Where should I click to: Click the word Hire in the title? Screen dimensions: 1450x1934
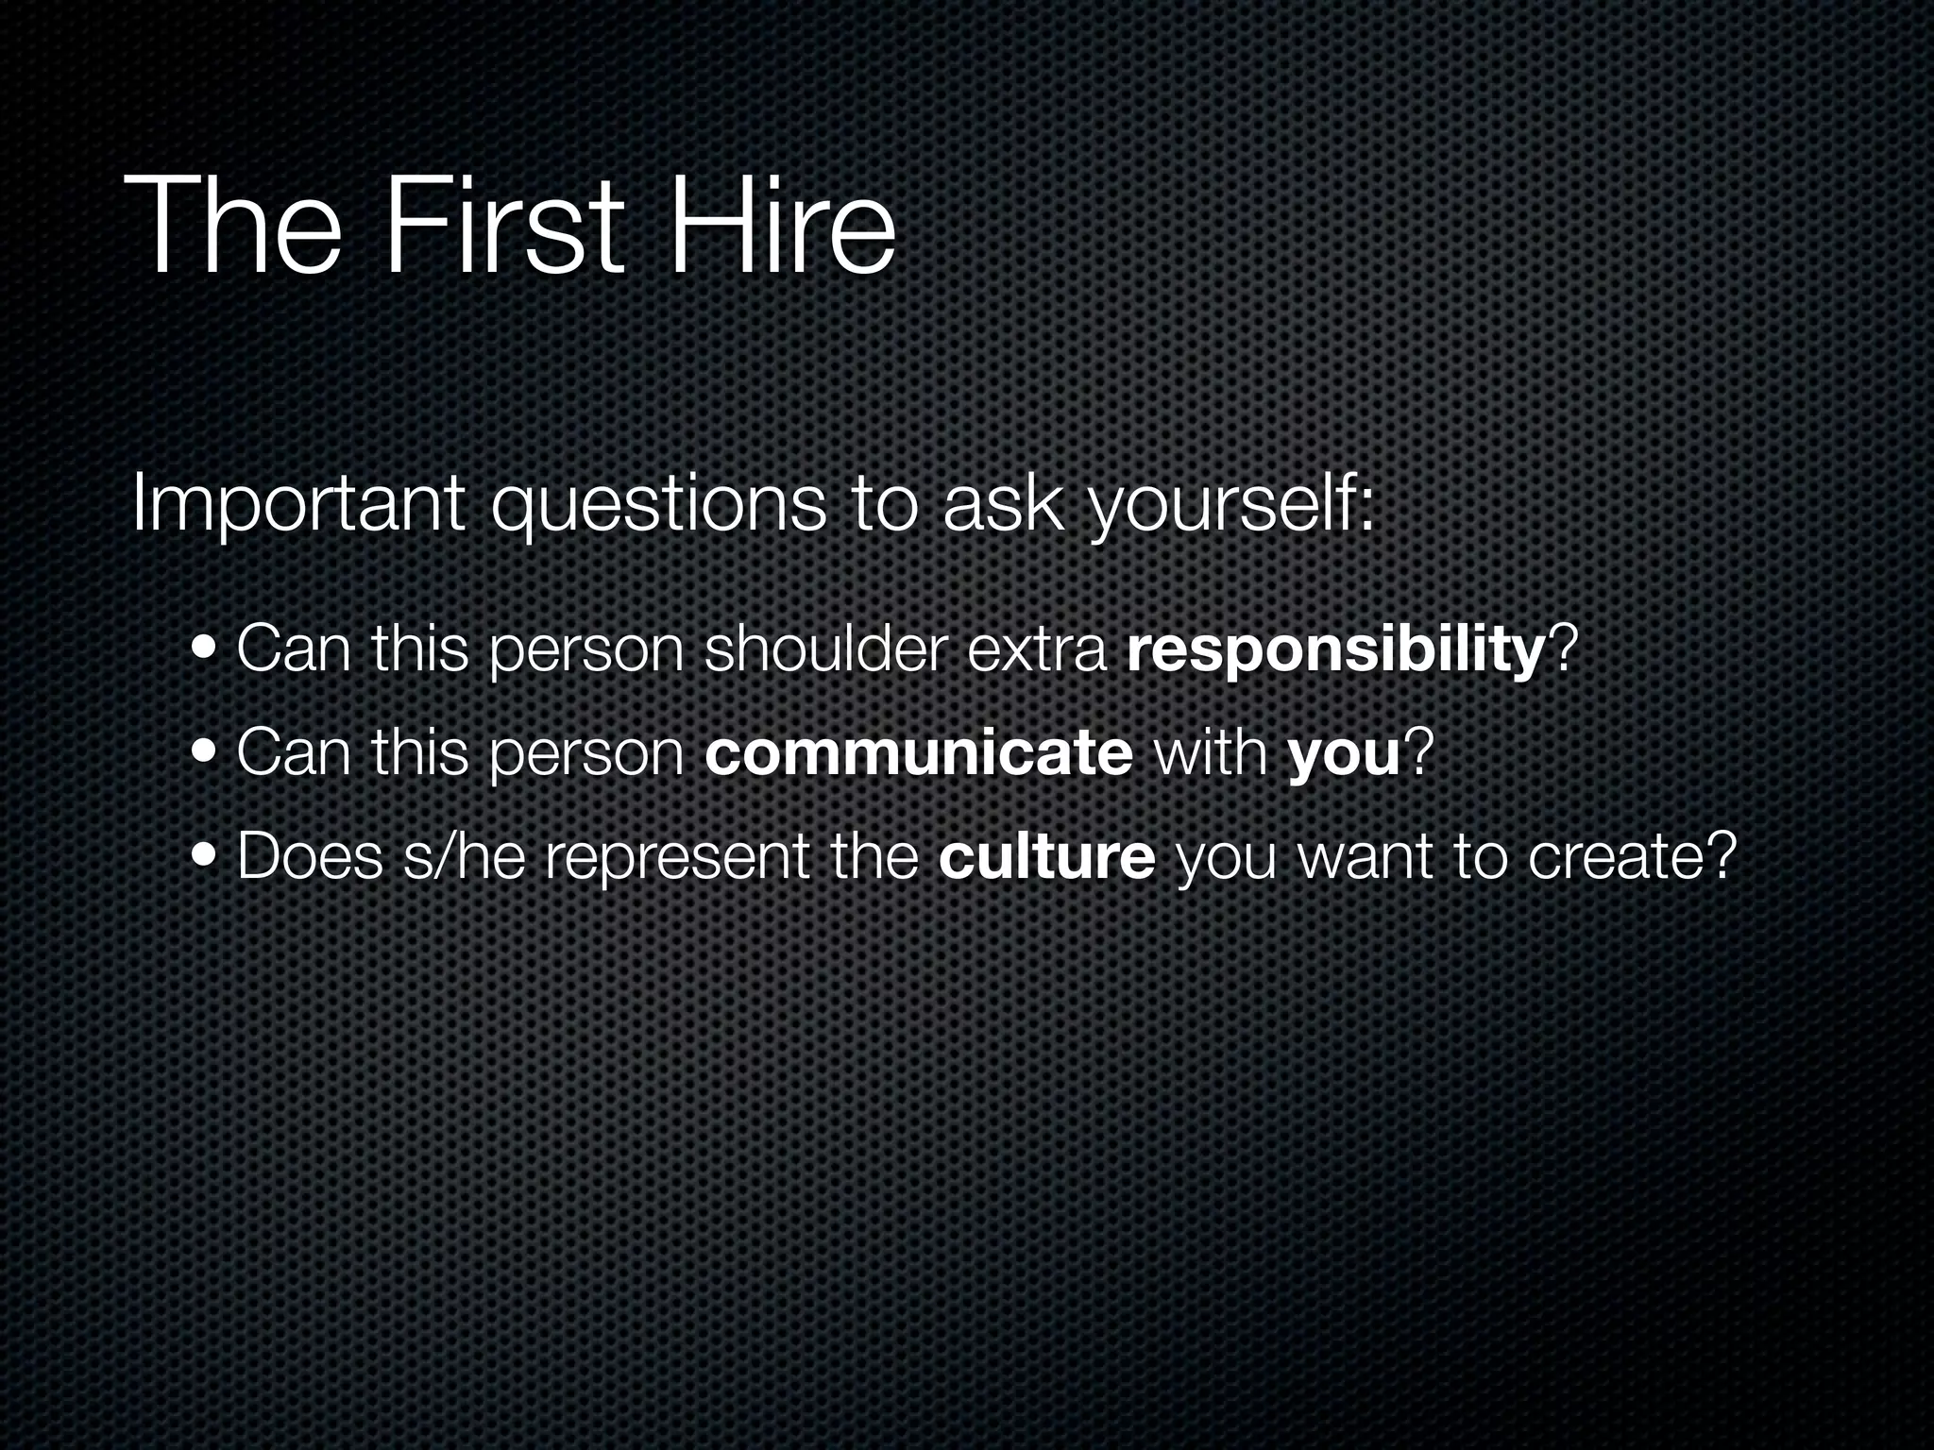782,228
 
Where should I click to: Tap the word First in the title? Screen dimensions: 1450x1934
503,228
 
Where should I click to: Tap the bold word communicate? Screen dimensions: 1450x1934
918,754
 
